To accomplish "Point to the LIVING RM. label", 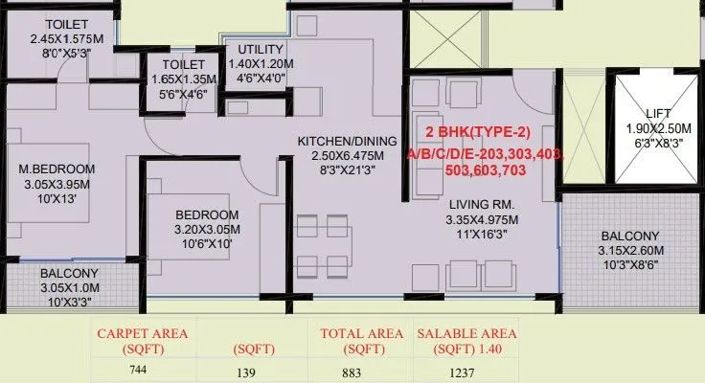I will (x=484, y=204).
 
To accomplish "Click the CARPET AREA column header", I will (x=142, y=333).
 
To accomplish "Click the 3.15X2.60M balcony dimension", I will (x=629, y=251).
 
